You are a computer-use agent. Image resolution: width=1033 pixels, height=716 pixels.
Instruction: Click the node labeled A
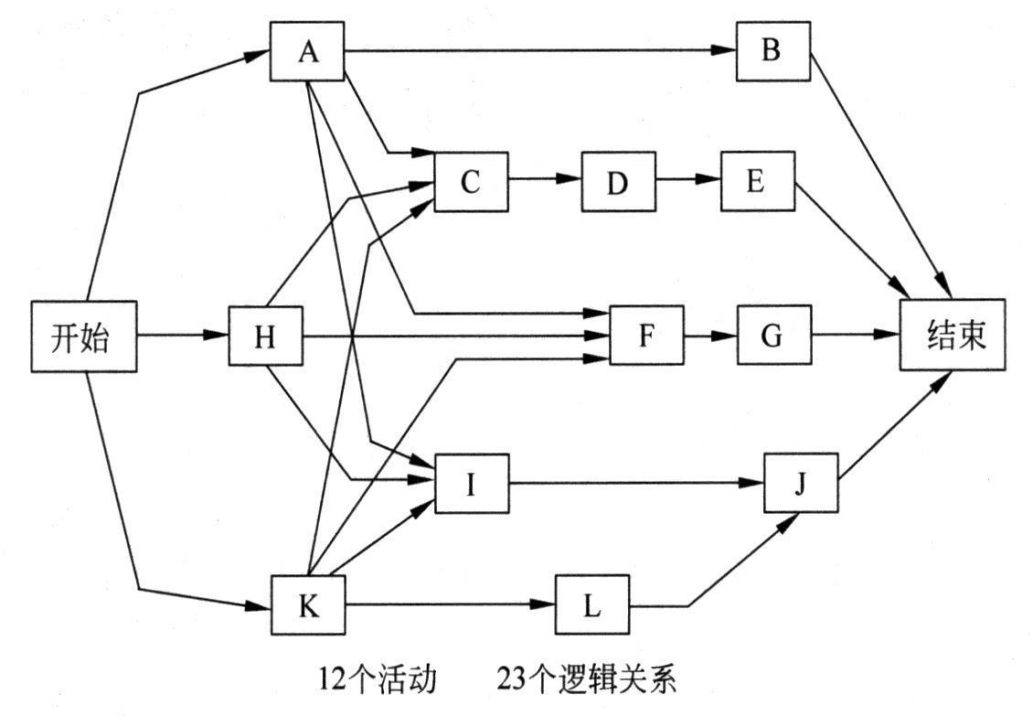coord(308,51)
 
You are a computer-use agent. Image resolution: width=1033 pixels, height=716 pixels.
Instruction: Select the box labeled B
coord(773,51)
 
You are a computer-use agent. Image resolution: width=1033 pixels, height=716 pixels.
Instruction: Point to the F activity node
coord(646,336)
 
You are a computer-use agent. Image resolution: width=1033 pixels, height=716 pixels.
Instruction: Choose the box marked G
coord(772,336)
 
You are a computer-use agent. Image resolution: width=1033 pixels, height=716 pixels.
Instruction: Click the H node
coord(265,336)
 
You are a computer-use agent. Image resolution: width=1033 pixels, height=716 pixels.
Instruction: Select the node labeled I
coord(472,483)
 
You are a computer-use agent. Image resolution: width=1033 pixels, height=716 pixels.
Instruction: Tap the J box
coord(801,483)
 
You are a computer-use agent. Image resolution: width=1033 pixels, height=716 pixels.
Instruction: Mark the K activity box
coord(309,604)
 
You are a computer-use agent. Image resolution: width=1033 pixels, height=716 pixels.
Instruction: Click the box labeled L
coord(592,604)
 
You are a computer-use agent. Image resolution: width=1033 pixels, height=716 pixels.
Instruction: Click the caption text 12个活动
coord(378,679)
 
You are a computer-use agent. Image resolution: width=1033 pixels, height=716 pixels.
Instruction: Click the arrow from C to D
coord(545,181)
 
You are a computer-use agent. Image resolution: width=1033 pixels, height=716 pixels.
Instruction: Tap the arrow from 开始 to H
coord(182,336)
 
